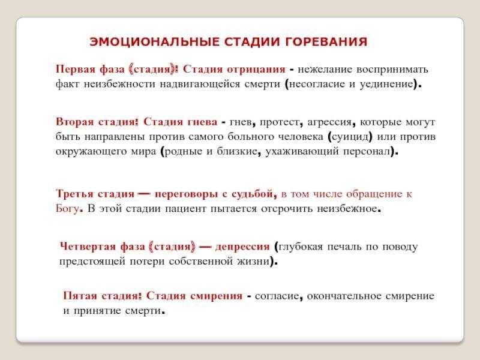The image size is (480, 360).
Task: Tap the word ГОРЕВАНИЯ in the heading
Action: click(x=326, y=41)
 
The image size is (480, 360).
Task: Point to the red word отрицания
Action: click(x=256, y=69)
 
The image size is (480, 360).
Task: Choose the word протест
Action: click(x=280, y=122)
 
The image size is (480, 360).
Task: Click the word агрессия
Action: click(x=329, y=122)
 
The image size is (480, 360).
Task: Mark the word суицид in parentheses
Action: click(x=350, y=137)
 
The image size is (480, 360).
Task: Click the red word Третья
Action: click(x=74, y=194)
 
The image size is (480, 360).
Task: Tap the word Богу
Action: click(x=67, y=208)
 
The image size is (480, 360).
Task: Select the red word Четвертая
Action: click(x=88, y=247)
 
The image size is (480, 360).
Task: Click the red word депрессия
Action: click(x=242, y=247)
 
